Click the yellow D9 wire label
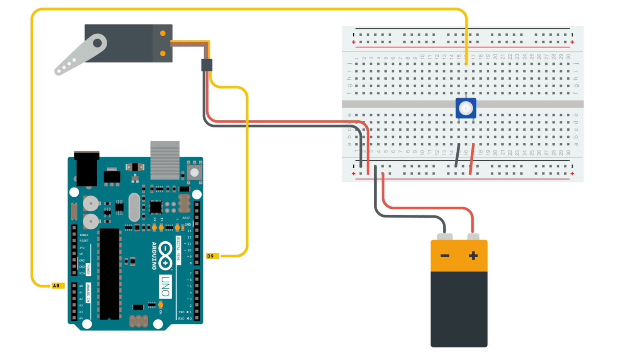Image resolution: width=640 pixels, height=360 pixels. pos(212,256)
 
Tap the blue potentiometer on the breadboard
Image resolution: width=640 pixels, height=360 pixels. pos(465,108)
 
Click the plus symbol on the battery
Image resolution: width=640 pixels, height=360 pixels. pos(473,255)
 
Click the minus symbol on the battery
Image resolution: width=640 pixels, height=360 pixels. pos(445,255)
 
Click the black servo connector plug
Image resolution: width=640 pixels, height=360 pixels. pos(207,65)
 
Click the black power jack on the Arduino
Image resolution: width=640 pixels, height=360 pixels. pos(87,169)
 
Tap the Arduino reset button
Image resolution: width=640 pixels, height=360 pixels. pos(194,172)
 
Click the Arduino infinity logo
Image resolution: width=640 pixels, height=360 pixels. pos(165,255)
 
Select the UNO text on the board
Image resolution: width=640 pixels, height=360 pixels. pos(165,287)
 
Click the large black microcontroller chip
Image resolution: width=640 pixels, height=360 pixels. pos(109,273)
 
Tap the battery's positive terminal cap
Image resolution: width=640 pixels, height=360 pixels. pos(473,237)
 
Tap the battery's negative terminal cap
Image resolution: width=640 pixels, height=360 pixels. pos(445,237)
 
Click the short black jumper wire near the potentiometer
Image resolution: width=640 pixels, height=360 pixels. pos(457,155)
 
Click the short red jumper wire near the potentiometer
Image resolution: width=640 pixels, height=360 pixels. pos(472,158)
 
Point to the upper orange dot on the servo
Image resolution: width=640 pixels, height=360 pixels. pos(163,33)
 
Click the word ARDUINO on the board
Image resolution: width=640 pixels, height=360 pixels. pos(154,255)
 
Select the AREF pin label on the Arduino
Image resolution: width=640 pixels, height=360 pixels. pos(186,218)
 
